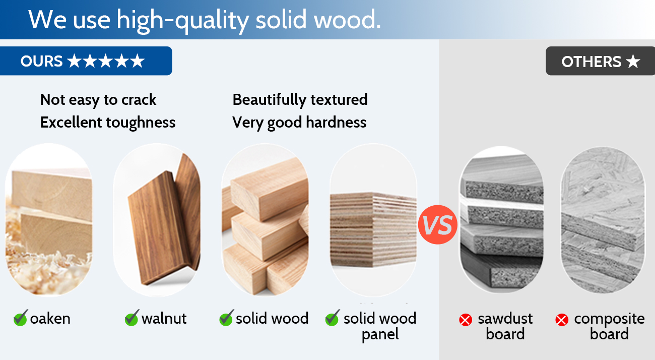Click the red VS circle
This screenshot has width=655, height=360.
(437, 224)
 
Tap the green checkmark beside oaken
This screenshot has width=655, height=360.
(21, 318)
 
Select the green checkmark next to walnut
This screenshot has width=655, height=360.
(132, 318)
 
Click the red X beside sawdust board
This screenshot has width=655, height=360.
(466, 320)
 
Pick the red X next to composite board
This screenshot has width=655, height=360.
(562, 320)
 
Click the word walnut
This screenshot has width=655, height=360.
(164, 319)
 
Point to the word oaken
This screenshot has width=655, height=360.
(50, 319)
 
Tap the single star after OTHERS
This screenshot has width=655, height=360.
(633, 62)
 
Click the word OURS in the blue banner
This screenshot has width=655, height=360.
(41, 61)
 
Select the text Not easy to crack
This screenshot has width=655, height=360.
(98, 100)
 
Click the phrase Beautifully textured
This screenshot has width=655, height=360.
(300, 100)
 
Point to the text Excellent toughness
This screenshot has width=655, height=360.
(108, 123)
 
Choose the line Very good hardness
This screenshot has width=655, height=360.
(299, 123)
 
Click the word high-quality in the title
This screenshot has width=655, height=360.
(183, 20)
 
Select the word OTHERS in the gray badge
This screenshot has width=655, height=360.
(591, 62)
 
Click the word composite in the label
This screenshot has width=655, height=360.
(609, 319)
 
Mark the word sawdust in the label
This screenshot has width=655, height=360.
(505, 319)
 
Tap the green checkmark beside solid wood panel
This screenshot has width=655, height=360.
(333, 318)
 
